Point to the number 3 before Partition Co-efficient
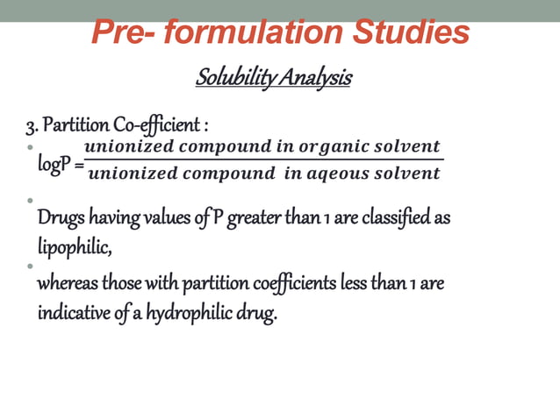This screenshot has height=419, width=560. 31,123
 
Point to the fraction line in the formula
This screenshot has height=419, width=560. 263,160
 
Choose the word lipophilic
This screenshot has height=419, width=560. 74,247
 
